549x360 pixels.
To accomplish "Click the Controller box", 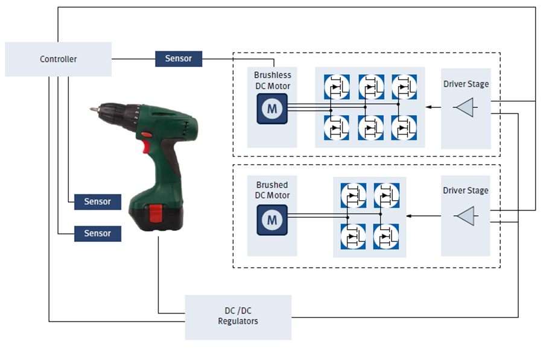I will pos(58,59).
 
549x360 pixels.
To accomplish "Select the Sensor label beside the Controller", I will pos(179,58).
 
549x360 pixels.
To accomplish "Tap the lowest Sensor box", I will pos(97,233).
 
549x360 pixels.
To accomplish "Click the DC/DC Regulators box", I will pos(238,317).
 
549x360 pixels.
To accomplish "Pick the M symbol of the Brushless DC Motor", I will pos(272,109).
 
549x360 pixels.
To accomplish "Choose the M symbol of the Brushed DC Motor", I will pos(272,219).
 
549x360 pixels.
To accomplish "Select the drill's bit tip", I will pos(92,110).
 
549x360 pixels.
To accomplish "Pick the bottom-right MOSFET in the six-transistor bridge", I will pos(402,127).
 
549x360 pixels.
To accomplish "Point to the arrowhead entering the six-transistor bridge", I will pos(428,107).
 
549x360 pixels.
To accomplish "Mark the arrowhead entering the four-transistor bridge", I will pos(410,215).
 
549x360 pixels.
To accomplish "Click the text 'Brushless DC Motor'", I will pos(272,81).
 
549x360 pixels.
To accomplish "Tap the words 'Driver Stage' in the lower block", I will pos(465,191).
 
